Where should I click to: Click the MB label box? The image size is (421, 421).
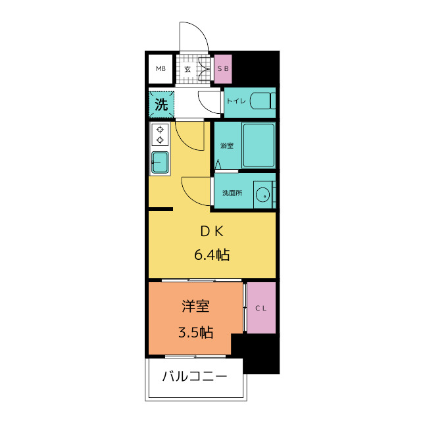pyautogui.click(x=161, y=68)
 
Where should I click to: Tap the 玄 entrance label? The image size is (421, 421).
pyautogui.click(x=187, y=68)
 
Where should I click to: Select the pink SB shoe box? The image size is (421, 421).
pyautogui.click(x=223, y=68)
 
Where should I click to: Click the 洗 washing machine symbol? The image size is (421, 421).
pyautogui.click(x=161, y=104)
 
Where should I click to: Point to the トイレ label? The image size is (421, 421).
pyautogui.click(x=235, y=101)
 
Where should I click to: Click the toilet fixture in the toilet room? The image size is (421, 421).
pyautogui.click(x=263, y=103)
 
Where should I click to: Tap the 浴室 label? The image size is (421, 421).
pyautogui.click(x=226, y=145)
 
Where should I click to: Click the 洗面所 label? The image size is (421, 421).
pyautogui.click(x=232, y=193)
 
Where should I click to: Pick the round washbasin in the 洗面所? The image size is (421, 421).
pyautogui.click(x=263, y=194)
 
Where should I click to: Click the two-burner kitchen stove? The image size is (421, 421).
pyautogui.click(x=159, y=134)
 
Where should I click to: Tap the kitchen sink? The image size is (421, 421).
pyautogui.click(x=160, y=162)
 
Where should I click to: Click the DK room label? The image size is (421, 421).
pyautogui.click(x=212, y=231)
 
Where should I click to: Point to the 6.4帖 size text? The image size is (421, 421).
pyautogui.click(x=212, y=255)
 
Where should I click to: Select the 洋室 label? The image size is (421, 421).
pyautogui.click(x=195, y=306)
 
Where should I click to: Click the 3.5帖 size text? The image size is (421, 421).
pyautogui.click(x=195, y=332)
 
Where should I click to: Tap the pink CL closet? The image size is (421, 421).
pyautogui.click(x=261, y=308)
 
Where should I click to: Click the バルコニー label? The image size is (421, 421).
pyautogui.click(x=195, y=377)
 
